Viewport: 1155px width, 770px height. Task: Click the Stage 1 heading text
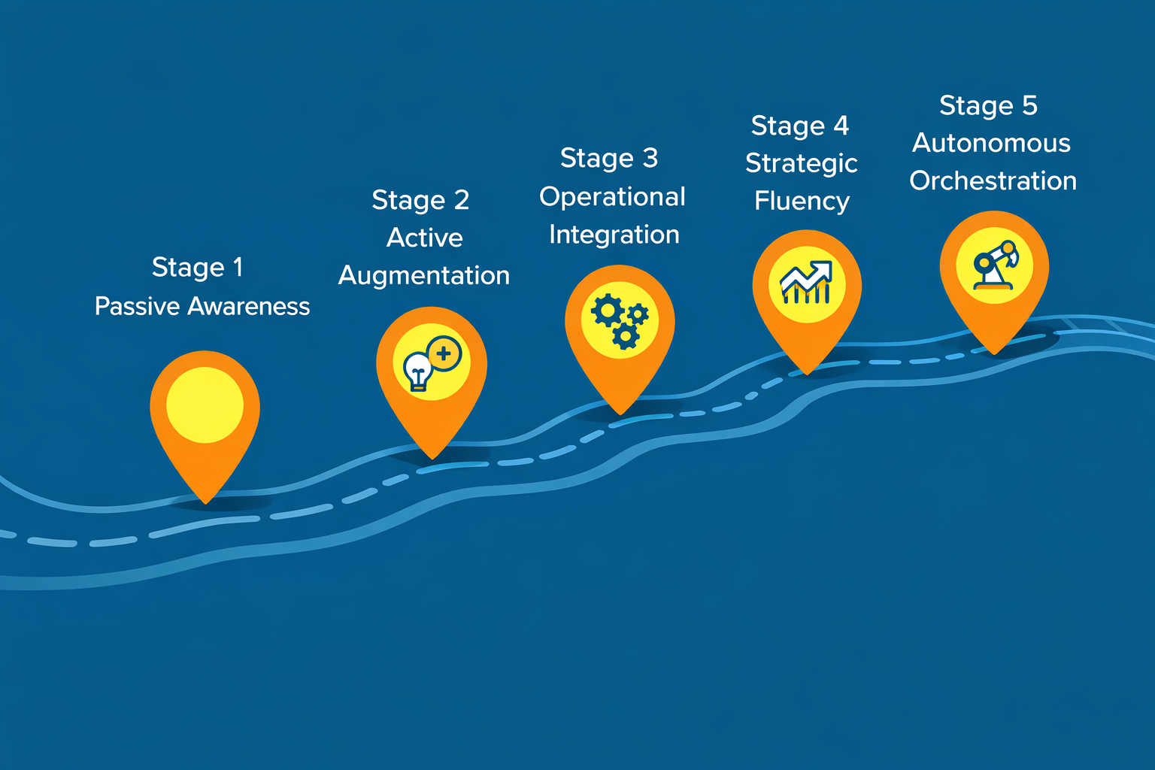(x=197, y=268)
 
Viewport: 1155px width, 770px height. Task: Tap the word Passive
(x=137, y=306)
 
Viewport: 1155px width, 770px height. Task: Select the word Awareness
(x=249, y=306)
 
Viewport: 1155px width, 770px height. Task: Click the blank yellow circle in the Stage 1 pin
(x=205, y=405)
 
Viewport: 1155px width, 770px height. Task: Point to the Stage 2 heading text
(x=421, y=201)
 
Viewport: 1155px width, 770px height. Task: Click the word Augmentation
(x=424, y=275)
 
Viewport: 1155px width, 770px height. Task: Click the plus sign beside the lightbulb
(x=444, y=354)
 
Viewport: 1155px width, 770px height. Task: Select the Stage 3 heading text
(x=609, y=159)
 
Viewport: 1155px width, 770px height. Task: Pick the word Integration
(x=614, y=235)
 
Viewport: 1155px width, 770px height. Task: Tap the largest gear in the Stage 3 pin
(x=608, y=311)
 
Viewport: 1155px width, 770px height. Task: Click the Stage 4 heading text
(x=800, y=126)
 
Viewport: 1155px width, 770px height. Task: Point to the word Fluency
(x=802, y=201)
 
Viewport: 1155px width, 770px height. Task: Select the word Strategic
(x=802, y=164)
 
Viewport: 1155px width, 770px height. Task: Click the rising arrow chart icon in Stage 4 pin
(x=806, y=282)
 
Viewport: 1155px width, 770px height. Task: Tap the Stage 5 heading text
(x=989, y=106)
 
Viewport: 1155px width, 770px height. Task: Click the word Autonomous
(x=992, y=144)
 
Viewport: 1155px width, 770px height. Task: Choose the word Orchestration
(x=993, y=181)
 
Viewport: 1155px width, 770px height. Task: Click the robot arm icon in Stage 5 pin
(x=995, y=265)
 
